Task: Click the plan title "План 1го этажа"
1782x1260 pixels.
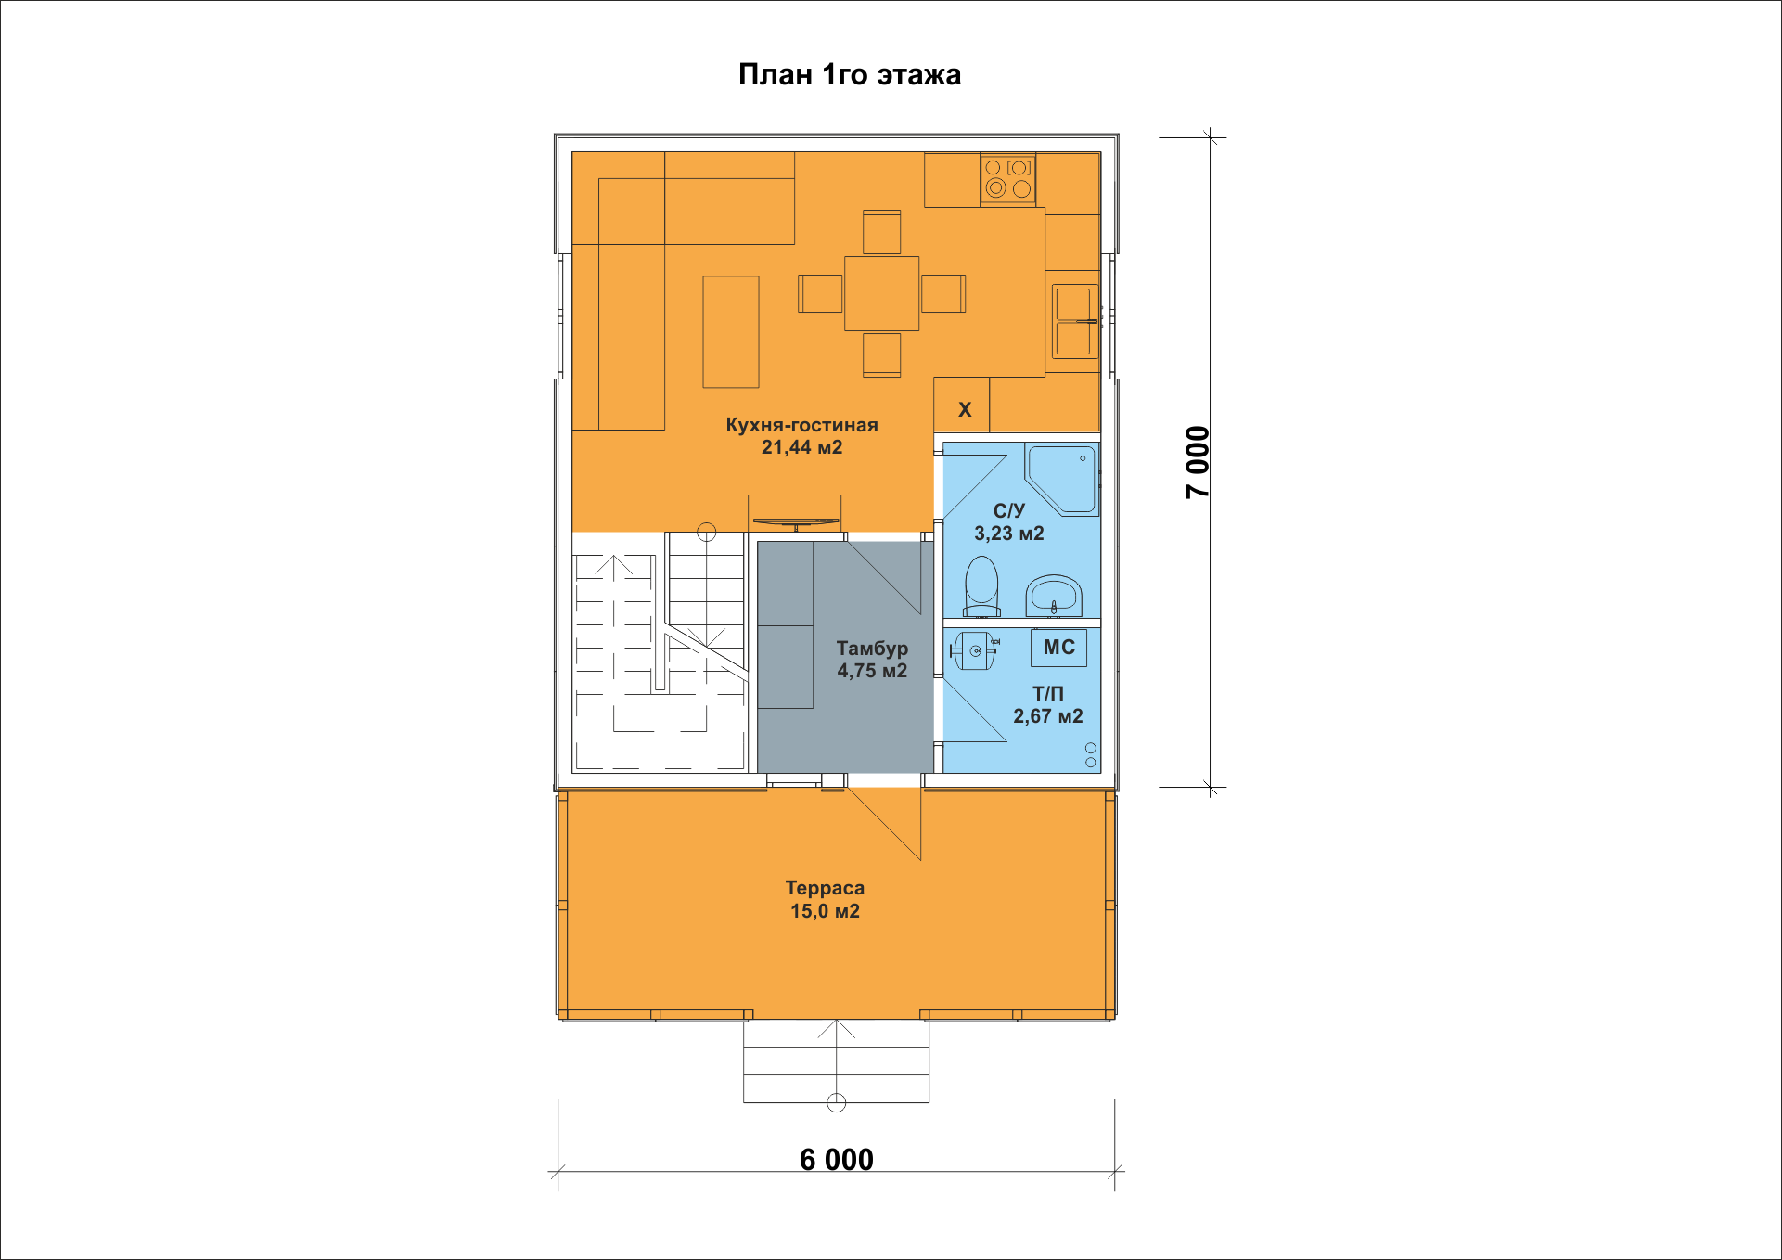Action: coord(849,74)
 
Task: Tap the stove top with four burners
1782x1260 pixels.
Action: coord(1008,179)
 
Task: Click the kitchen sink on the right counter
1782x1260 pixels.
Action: coord(1074,321)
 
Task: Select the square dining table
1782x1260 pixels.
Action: coord(881,293)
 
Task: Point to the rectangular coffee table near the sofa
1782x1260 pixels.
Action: coord(731,331)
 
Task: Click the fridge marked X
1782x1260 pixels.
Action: coord(962,405)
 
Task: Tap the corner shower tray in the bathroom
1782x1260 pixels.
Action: coord(1062,479)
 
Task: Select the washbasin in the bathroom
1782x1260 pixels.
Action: coord(1054,596)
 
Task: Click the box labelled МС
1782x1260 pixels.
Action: coord(1058,648)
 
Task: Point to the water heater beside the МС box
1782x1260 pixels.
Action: coord(974,650)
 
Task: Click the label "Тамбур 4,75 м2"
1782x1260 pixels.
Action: coord(872,659)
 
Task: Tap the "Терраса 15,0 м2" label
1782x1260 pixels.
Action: coord(825,899)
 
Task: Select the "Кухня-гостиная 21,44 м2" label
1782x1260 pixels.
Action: coord(801,436)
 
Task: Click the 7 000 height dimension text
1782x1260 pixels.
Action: coord(1198,462)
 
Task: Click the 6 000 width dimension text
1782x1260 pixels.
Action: coord(837,1159)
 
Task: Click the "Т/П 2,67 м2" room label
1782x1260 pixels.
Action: coord(1048,704)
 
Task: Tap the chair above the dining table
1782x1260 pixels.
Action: coord(881,232)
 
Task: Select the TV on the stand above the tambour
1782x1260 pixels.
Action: coord(795,522)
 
